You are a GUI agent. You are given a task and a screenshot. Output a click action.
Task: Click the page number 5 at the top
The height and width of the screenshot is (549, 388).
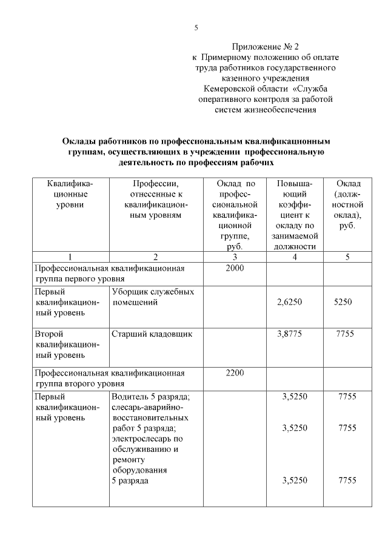[196, 27]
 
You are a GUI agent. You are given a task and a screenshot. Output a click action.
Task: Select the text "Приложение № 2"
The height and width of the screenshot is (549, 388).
[265, 46]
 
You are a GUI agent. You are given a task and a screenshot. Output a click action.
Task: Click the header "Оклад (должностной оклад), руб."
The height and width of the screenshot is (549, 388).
[347, 204]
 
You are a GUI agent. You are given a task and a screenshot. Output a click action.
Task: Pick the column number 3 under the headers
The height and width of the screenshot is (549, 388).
[235, 257]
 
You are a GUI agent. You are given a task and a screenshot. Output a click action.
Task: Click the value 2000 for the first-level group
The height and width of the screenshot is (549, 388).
[235, 268]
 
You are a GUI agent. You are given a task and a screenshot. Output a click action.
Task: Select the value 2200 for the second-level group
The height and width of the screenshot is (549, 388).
[235, 372]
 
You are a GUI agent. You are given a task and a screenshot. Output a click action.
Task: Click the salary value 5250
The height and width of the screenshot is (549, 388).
[343, 302]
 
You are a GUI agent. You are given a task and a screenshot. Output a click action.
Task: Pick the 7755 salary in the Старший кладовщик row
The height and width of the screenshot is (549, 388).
[346, 334]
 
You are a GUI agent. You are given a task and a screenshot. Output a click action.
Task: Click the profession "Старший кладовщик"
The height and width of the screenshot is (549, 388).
[152, 334]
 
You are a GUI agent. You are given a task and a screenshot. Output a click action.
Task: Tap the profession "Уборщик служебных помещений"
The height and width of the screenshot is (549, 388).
[153, 297]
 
